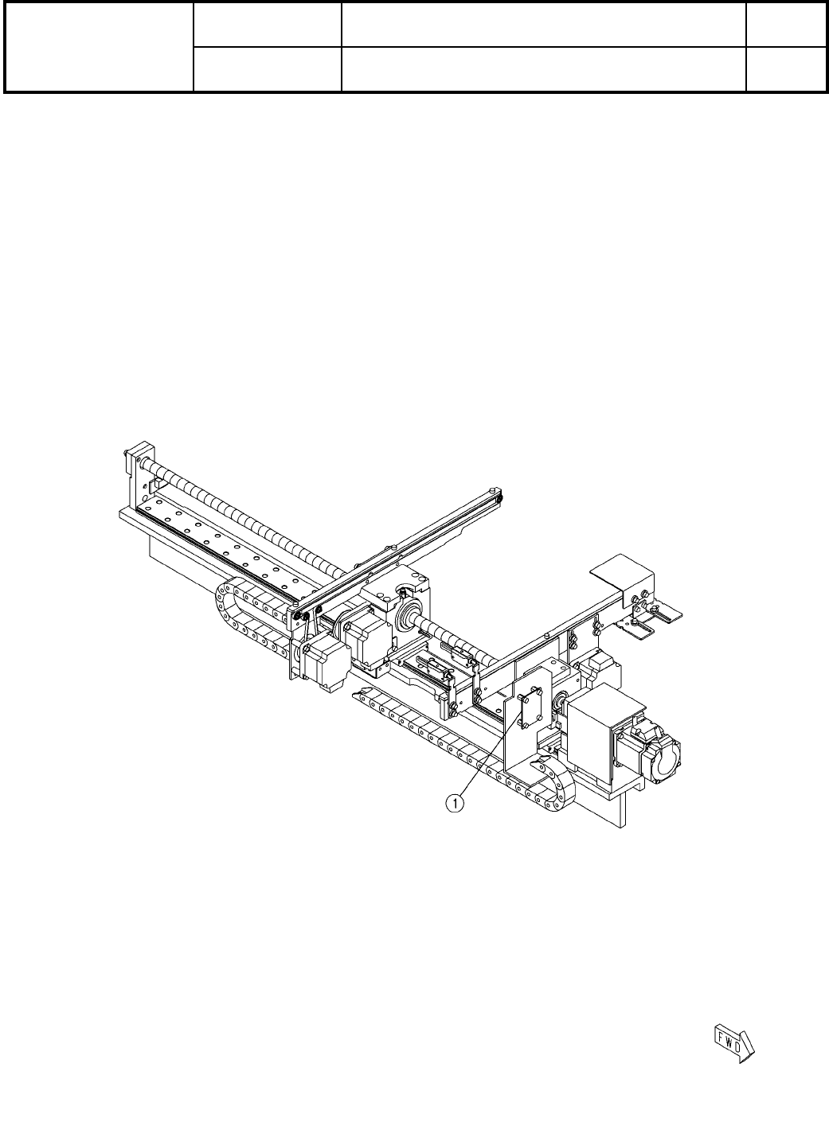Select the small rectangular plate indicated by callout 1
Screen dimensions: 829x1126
click(530, 709)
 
